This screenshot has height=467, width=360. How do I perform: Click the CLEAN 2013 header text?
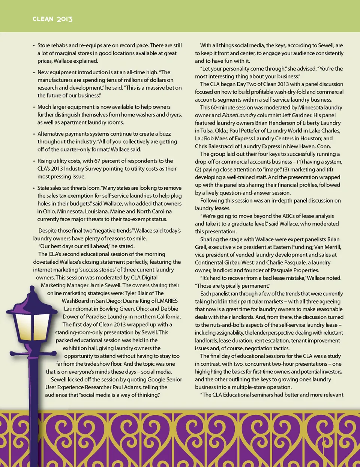click(x=52, y=19)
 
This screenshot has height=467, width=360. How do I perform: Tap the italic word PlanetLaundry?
click(x=239, y=115)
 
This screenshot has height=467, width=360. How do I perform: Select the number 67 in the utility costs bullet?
click(x=97, y=161)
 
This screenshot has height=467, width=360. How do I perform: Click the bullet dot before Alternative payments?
click(x=34, y=134)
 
